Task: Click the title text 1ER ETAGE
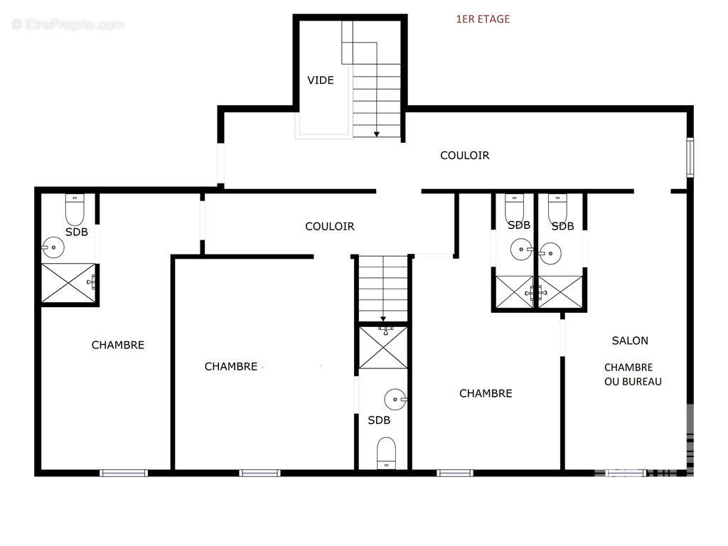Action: pyautogui.click(x=483, y=19)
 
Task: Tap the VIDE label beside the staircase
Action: pyautogui.click(x=321, y=80)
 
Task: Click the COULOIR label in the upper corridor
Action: pyautogui.click(x=465, y=156)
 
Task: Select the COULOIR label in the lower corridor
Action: pyautogui.click(x=330, y=227)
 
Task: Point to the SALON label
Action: pyautogui.click(x=630, y=341)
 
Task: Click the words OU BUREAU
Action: pyautogui.click(x=633, y=382)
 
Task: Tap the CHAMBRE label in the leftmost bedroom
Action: pyautogui.click(x=118, y=345)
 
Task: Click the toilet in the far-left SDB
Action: pyautogui.click(x=75, y=210)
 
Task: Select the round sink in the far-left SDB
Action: pyautogui.click(x=53, y=247)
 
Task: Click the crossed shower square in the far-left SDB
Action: pyautogui.click(x=68, y=283)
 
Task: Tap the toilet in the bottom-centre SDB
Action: pyautogui.click(x=386, y=453)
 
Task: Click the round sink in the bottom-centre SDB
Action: pyautogui.click(x=395, y=400)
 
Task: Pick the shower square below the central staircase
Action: pyautogui.click(x=383, y=348)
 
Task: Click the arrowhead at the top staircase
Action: pyautogui.click(x=377, y=134)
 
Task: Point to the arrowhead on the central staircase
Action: pyautogui.click(x=383, y=319)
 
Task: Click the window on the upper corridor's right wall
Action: pyautogui.click(x=690, y=157)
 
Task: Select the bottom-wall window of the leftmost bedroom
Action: pyautogui.click(x=124, y=473)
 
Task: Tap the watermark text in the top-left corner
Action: pyautogui.click(x=68, y=24)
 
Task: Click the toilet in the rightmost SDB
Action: pyautogui.click(x=557, y=209)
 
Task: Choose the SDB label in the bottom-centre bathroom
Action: pyautogui.click(x=379, y=421)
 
